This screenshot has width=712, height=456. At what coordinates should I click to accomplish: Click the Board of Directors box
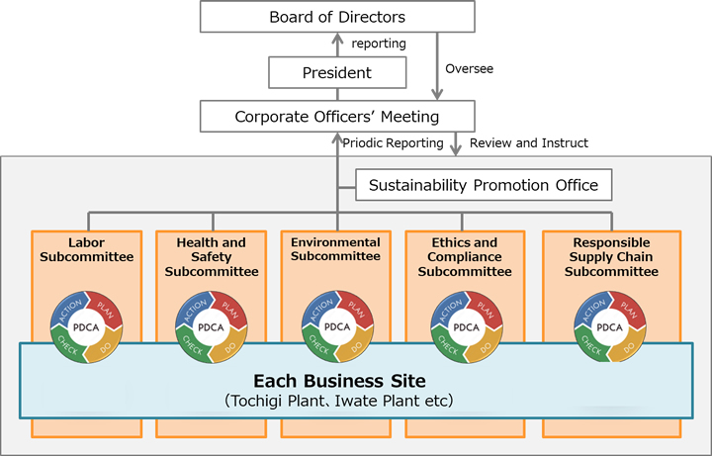click(337, 17)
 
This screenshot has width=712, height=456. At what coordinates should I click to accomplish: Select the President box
click(337, 72)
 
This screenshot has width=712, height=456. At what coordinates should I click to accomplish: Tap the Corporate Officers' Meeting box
click(337, 117)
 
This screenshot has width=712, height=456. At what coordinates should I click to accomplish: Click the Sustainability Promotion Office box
click(484, 185)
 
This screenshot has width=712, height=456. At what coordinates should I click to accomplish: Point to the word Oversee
click(470, 68)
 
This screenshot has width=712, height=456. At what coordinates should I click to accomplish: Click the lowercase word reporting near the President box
click(378, 44)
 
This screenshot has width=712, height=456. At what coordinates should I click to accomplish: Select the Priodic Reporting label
click(394, 143)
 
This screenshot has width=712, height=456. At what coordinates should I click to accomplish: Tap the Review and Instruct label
click(529, 143)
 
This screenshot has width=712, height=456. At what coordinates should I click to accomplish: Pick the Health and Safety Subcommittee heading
click(212, 257)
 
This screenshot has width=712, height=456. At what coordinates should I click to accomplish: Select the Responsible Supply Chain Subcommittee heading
click(609, 257)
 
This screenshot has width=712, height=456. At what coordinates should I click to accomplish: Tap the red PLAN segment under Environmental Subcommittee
click(353, 311)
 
